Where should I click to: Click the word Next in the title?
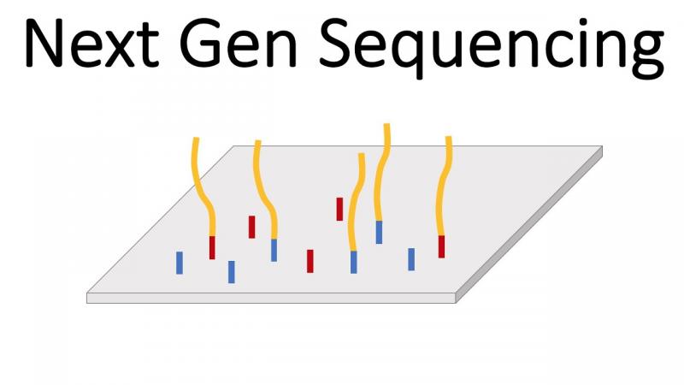[x=92, y=44]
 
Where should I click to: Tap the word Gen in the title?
[x=239, y=44]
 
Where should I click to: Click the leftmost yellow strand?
[x=204, y=187]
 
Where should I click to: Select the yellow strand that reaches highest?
[x=382, y=172]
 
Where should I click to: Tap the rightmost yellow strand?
[x=444, y=186]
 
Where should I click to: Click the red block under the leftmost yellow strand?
[x=212, y=247]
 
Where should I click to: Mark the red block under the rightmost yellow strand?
[x=441, y=246]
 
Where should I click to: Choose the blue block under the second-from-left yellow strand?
[x=274, y=250]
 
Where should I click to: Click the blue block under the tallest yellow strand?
[x=379, y=232]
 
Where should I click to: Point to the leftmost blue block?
[x=180, y=263]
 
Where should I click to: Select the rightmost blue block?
[x=411, y=259]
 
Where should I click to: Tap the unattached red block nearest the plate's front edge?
[x=310, y=261]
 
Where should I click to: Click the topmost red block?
[x=339, y=209]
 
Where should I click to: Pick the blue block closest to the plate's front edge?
[x=232, y=272]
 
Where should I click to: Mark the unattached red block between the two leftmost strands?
[x=251, y=227]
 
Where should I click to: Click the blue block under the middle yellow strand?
[x=354, y=262]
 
